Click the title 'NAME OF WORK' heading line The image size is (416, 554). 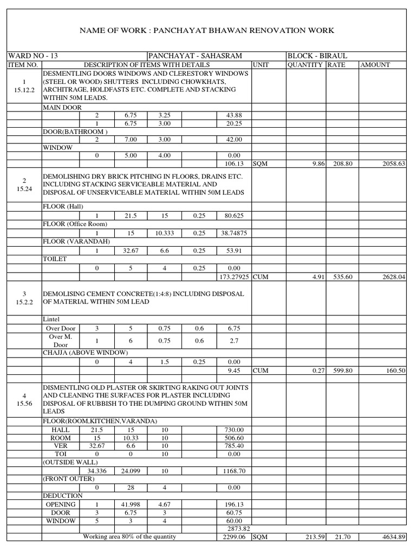click(x=206, y=30)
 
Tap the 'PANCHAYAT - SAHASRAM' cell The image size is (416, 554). click(x=195, y=56)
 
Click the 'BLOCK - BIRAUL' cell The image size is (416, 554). click(x=317, y=56)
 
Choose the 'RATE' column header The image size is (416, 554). click(x=336, y=65)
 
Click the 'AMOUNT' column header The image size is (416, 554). click(x=375, y=65)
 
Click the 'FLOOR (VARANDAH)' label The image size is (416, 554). click(x=76, y=242)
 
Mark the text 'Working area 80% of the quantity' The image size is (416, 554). click(x=129, y=537)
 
